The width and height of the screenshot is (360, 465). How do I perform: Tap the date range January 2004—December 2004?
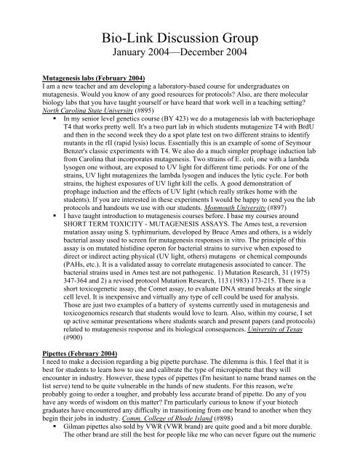pos(180,54)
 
